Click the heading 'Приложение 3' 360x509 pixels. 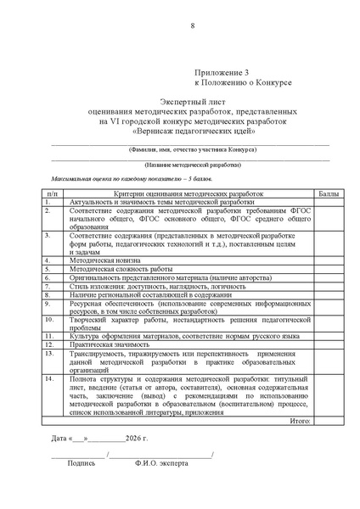222,75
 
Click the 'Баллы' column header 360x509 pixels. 327,194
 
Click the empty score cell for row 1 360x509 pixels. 327,204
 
